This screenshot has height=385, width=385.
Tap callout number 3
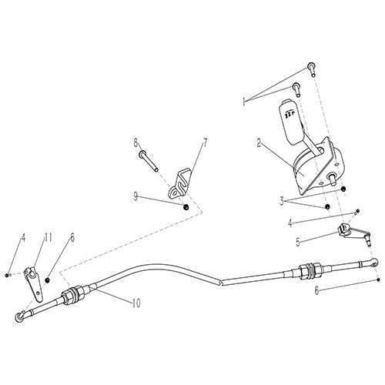[x=282, y=200]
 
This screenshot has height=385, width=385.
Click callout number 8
[x=136, y=142]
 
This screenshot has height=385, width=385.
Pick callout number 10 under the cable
[x=136, y=303]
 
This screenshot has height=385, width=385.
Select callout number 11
[x=48, y=238]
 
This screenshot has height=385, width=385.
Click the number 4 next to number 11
[x=23, y=238]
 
